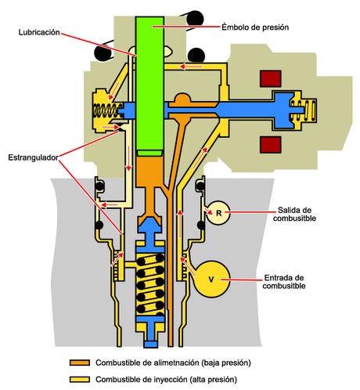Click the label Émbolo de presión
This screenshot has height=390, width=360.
pos(255,27)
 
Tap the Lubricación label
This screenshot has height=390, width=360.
pos(39,32)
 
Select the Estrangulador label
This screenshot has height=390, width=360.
pos(33,157)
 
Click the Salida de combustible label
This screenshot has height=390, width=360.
pos(294,214)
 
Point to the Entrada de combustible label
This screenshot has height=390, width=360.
pos(284,282)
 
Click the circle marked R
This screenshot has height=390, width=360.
pos(219,213)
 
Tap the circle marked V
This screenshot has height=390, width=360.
pos(211,280)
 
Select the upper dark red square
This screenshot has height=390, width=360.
pos(271,78)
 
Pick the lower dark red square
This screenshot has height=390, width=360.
pos(271,145)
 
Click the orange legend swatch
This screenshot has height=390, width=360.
pos(80,363)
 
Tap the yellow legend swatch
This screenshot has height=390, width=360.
pos(80,379)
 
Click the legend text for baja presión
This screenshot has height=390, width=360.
pos(173,363)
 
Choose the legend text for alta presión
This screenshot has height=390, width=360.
pos(166,379)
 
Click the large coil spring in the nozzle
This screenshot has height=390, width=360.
pos(150,284)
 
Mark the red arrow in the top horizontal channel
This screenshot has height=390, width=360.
pos(191,67)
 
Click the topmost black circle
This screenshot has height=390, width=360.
pos(195,19)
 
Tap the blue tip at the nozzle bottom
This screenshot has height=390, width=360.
pos(151,345)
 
